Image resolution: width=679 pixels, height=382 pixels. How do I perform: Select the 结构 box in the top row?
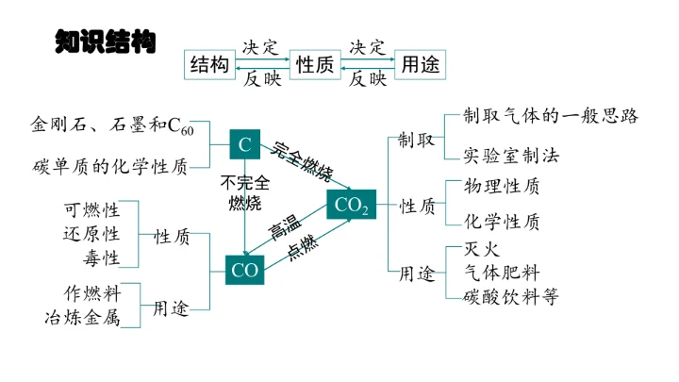pos(209,64)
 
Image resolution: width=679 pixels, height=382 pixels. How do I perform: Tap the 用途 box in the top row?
pos(421,64)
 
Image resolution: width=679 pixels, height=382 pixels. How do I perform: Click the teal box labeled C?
pos(244,144)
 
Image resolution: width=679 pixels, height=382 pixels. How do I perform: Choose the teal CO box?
pos(244,270)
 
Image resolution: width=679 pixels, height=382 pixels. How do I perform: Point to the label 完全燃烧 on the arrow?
pos(303,161)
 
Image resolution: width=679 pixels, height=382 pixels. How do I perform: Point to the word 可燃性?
pos(91,209)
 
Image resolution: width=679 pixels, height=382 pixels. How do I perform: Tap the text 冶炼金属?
pos(82,317)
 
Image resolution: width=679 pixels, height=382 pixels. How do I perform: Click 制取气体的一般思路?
pos(551,116)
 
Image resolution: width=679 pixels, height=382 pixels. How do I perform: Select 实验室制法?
pos(512,154)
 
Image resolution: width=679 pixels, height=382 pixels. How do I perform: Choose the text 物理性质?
pos(503,186)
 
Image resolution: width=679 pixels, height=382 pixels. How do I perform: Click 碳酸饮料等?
pos(511,296)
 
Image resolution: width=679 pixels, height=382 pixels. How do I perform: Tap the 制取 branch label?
pos(416,141)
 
